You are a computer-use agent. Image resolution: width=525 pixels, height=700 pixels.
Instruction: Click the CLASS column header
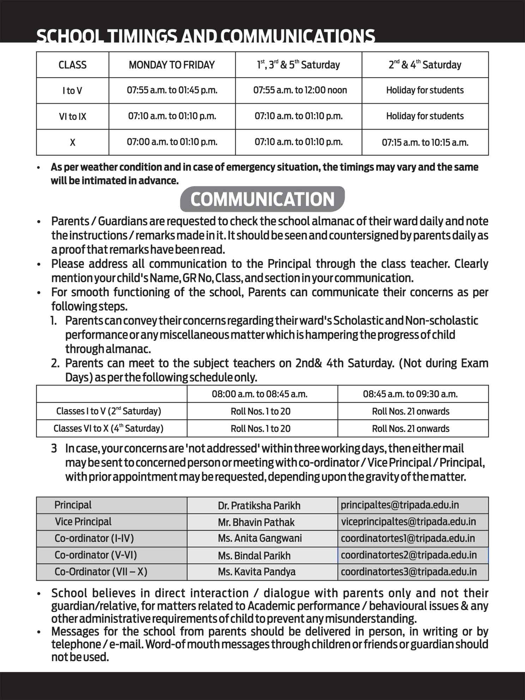point(72,65)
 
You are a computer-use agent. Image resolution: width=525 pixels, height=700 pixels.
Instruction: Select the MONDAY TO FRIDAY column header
point(172,65)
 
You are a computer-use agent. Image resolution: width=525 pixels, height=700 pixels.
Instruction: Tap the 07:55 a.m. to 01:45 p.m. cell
point(172,90)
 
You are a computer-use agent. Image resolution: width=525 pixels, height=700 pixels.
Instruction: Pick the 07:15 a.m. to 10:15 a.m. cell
point(425,142)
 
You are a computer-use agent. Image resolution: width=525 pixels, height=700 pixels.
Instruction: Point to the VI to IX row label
point(72,116)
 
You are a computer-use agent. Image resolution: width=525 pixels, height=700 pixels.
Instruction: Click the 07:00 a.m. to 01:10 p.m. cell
point(172,142)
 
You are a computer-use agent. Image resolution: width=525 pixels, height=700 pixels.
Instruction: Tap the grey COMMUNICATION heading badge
point(262,199)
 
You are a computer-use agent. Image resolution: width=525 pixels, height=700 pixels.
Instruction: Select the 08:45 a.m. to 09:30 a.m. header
point(410,394)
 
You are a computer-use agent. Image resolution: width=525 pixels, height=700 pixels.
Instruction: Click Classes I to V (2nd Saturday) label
point(108,411)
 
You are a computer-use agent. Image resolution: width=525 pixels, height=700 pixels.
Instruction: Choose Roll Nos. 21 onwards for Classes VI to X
point(410,428)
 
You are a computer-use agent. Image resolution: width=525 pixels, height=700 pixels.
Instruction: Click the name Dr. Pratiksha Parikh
point(259,506)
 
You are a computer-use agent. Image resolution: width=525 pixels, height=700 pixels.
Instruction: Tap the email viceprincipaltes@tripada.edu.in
point(408,522)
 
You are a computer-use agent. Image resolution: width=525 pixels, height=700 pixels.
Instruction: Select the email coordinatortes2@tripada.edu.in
point(409,555)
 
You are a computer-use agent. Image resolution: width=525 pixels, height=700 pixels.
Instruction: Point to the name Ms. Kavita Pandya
point(257,572)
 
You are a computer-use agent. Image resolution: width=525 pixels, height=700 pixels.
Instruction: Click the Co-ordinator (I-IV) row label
point(94,538)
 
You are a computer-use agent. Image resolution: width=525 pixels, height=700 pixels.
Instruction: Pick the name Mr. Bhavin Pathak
point(256,522)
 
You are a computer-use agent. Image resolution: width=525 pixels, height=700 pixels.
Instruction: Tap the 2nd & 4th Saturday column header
point(425,65)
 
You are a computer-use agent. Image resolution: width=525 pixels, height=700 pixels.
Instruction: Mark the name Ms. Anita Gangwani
point(260,538)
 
